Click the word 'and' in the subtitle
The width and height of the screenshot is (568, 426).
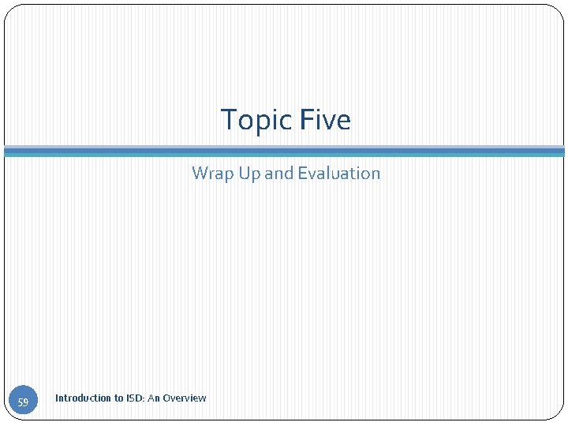[278, 174]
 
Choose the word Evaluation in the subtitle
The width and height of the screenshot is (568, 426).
[338, 174]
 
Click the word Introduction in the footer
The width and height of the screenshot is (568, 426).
[83, 398]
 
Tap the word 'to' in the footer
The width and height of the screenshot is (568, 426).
[119, 398]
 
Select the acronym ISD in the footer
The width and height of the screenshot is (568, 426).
[135, 398]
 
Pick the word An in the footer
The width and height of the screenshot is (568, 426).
[154, 398]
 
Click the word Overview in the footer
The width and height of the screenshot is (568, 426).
[185, 398]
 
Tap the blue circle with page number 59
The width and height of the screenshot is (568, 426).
[23, 402]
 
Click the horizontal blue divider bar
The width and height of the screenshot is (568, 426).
[284, 151]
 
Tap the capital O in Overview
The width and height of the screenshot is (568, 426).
[166, 398]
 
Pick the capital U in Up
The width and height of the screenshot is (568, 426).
[244, 174]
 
